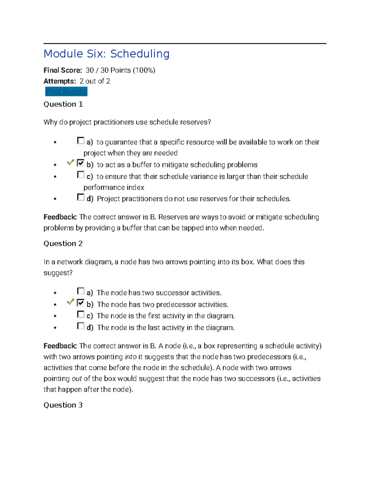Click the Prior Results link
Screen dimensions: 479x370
66,92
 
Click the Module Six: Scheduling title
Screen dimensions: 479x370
106,54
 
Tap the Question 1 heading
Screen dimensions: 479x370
63,104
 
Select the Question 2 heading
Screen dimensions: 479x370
63,244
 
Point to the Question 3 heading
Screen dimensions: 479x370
63,405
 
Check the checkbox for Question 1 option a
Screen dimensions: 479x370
80,141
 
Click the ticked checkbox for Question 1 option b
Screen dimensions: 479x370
80,163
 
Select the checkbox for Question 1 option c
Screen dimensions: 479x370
80,175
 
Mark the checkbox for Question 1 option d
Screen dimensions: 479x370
80,197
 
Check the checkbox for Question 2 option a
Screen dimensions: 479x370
80,291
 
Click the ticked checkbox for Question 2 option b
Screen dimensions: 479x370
80,303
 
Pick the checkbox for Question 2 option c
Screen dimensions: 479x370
80,314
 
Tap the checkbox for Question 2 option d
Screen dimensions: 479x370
80,326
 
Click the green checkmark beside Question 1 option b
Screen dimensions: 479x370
70,162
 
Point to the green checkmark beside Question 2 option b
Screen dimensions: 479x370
70,302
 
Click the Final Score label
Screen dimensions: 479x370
63,70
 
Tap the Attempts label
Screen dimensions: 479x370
60,81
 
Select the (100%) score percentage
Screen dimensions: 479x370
144,70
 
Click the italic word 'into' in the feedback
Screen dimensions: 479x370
130,357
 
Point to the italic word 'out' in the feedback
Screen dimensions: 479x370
77,379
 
